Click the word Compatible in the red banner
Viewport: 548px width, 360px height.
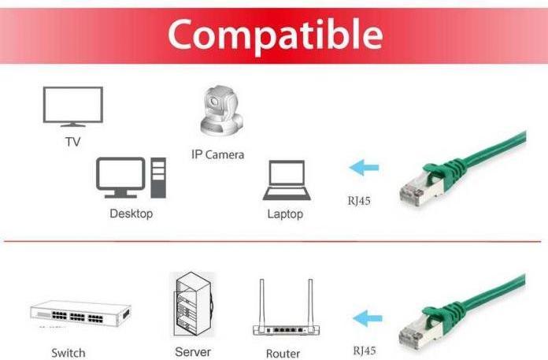276,35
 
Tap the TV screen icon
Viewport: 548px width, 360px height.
72,106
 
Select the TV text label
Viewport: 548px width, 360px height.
72,142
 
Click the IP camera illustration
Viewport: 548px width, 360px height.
220,111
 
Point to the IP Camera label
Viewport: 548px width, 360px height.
217,154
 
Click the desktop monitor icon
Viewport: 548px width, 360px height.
120,177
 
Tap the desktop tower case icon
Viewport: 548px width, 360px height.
158,177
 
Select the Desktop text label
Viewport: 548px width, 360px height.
131,213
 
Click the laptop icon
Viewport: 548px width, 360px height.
287,180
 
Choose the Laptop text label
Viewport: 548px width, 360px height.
285,214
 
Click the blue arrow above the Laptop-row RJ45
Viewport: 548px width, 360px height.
364,168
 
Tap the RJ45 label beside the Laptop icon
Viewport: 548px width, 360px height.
359,201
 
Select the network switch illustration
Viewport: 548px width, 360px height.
80,314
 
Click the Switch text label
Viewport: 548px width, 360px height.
68,353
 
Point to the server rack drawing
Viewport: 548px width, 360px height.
193,304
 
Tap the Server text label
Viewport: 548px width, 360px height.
193,352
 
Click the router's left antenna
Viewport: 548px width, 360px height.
261,302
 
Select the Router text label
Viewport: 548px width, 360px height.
283,354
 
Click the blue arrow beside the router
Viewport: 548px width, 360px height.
368,318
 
